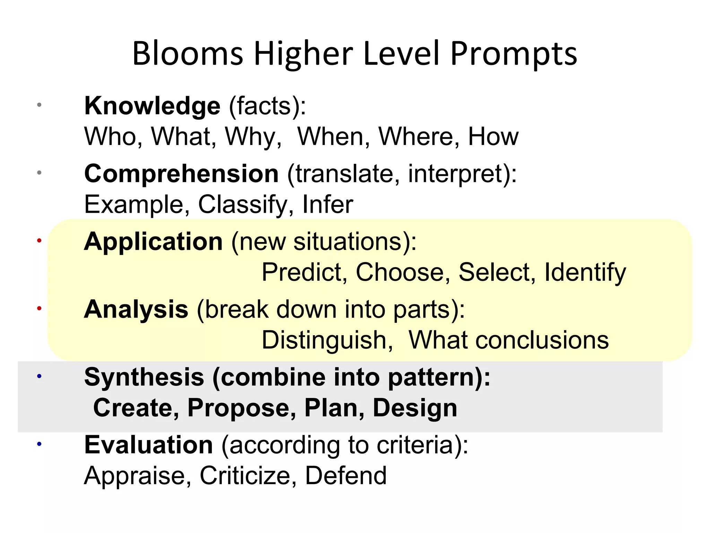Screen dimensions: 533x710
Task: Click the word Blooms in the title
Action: (x=188, y=54)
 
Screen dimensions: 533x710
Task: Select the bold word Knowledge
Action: (x=152, y=105)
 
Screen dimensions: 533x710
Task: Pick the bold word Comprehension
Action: (x=181, y=173)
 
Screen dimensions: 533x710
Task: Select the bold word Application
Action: (x=153, y=241)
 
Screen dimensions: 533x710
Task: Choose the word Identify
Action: (x=585, y=273)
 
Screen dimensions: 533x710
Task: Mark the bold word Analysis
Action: (x=136, y=309)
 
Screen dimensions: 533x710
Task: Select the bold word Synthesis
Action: (x=144, y=377)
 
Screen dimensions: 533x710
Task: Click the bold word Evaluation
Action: (x=148, y=445)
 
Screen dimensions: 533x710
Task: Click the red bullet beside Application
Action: (x=39, y=240)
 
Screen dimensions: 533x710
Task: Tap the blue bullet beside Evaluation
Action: (x=39, y=443)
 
